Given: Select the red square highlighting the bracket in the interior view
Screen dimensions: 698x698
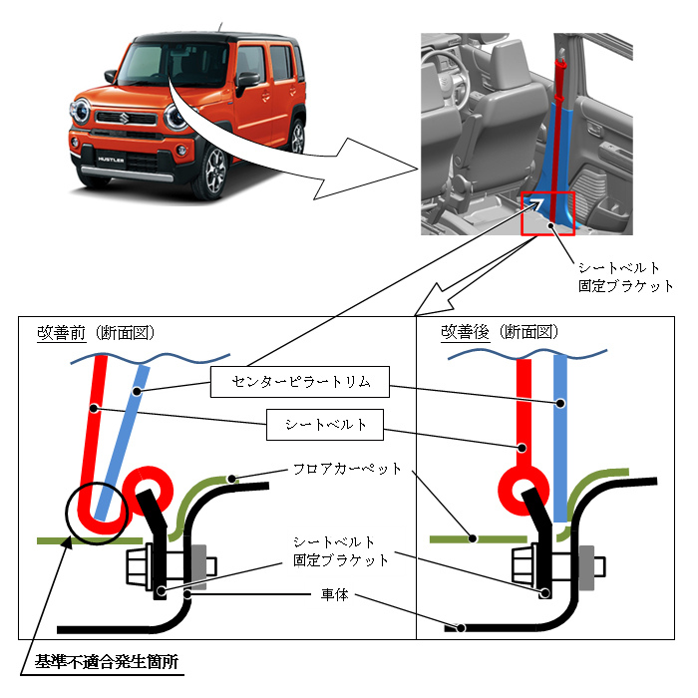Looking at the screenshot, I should [547, 212].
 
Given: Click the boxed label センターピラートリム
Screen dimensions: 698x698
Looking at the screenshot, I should [298, 381].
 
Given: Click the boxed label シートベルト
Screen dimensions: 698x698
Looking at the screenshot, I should [326, 425].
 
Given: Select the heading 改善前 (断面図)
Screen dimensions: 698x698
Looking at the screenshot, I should [95, 332].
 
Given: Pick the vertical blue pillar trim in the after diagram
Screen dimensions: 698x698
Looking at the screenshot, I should [560, 439].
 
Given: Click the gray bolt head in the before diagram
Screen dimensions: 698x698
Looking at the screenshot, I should [199, 565].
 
